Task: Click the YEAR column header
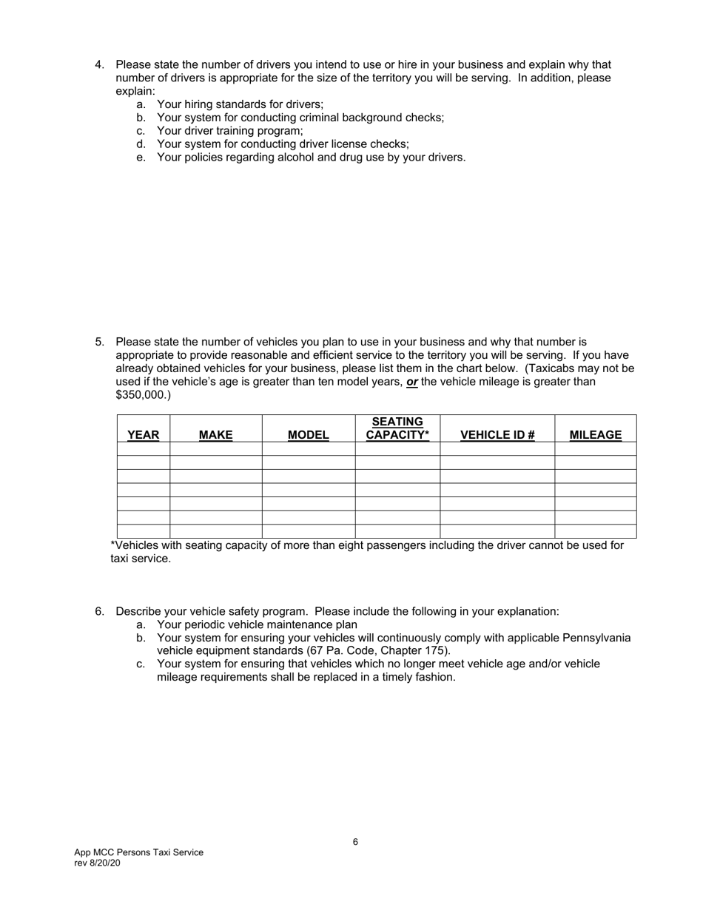(143, 435)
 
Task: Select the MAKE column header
(215, 435)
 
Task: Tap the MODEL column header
(308, 435)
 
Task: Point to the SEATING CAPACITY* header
(397, 428)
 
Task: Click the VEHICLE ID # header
(497, 435)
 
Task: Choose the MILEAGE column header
(595, 435)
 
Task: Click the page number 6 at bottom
(355, 842)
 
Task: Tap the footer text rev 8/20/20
(97, 863)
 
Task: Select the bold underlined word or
(412, 382)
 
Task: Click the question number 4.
(99, 64)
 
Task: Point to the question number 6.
(99, 611)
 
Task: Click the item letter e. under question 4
(141, 157)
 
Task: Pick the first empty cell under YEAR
(144, 448)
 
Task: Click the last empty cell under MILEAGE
(595, 531)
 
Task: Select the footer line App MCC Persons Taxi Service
(138, 852)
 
